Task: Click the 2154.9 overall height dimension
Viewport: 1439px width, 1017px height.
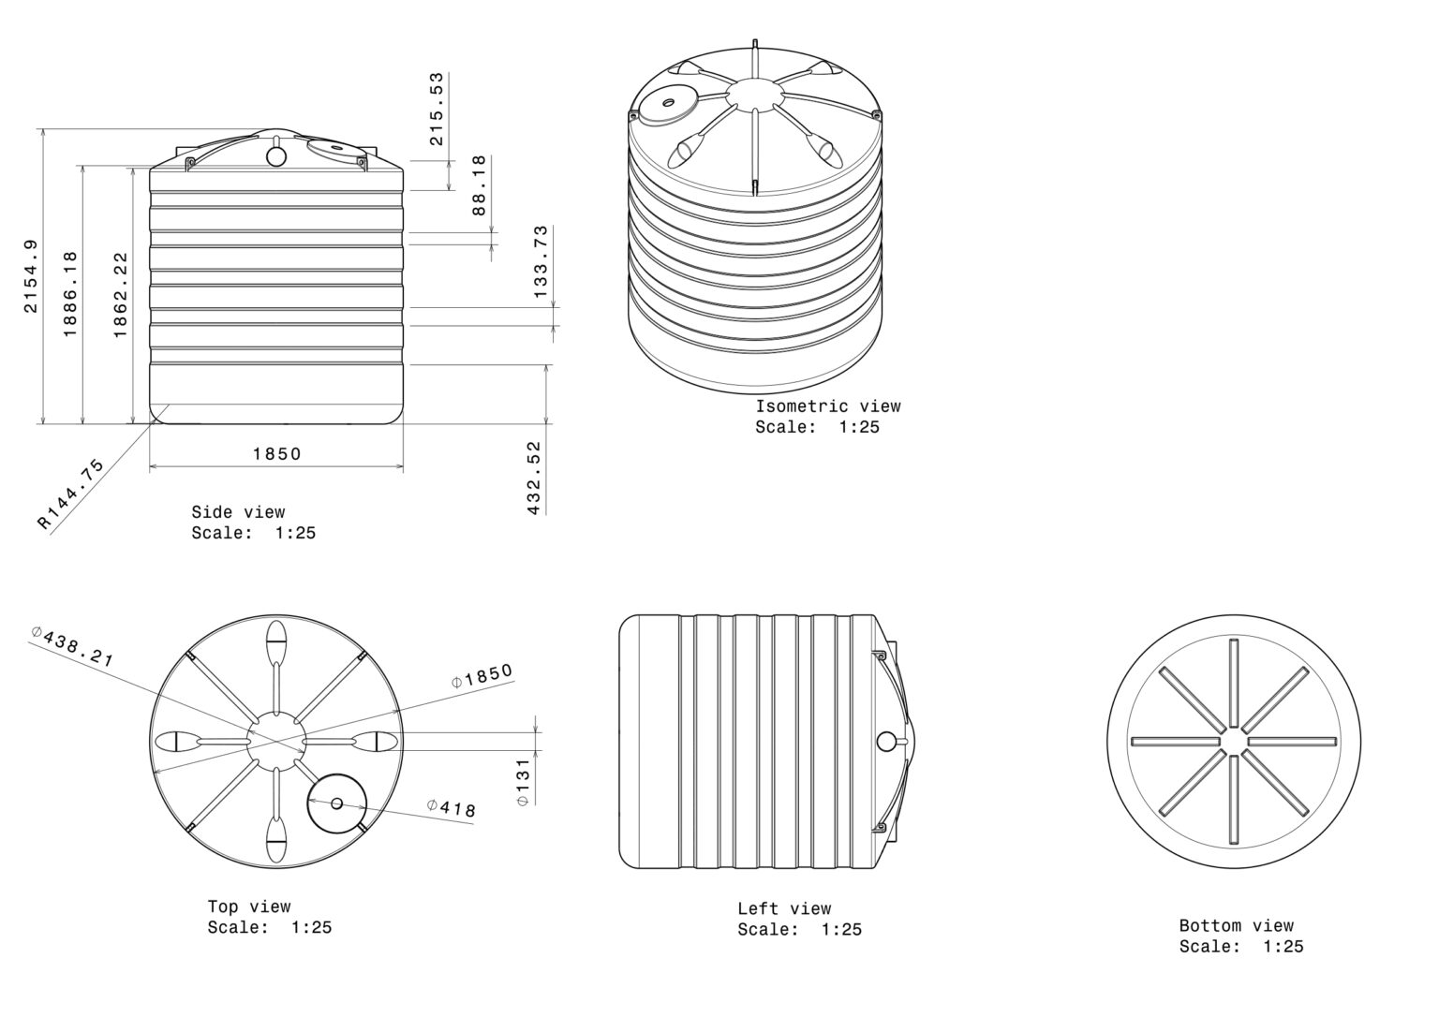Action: point(31,276)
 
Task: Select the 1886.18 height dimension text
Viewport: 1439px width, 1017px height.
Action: point(70,293)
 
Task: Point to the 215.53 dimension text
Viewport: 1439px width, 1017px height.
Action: point(437,109)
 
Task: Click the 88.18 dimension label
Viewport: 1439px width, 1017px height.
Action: point(479,185)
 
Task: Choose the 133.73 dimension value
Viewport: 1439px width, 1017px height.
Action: point(541,262)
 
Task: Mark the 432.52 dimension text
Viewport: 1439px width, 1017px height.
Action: point(535,478)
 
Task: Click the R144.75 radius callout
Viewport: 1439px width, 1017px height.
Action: point(71,494)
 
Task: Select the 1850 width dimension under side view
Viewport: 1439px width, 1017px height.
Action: point(277,454)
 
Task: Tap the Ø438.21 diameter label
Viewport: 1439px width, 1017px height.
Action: point(72,646)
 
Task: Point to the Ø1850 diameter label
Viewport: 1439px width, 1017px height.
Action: point(482,675)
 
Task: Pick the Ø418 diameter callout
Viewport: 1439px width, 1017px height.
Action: point(452,808)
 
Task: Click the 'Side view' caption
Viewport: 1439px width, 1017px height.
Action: point(238,512)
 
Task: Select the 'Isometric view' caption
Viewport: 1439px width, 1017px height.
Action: point(828,406)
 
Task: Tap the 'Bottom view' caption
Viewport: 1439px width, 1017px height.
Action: point(1236,926)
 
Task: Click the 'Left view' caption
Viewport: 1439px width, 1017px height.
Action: point(784,908)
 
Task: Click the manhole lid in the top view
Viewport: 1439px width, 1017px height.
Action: point(337,803)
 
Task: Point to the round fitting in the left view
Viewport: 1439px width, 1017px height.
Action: point(886,742)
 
